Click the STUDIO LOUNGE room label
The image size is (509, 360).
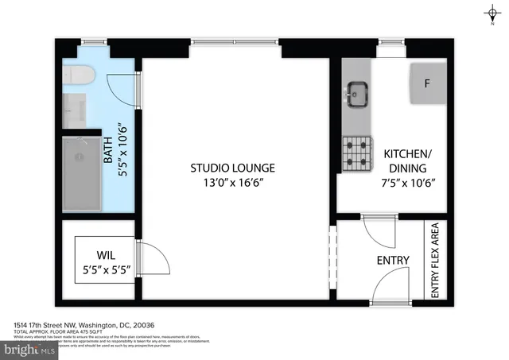point(232,168)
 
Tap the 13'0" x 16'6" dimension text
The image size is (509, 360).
point(232,183)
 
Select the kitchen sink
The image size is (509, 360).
point(356,94)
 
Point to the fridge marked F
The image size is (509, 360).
point(426,83)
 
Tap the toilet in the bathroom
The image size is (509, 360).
point(80,76)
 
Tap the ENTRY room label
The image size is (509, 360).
point(393,261)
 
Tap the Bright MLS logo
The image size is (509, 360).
point(29,348)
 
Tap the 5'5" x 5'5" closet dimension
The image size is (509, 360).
point(107,270)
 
